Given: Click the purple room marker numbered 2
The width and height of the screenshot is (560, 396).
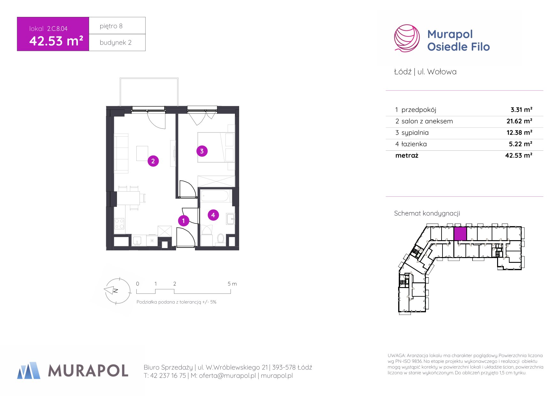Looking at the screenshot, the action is point(153,161).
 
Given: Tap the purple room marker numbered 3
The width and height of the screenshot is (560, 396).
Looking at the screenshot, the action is point(202,151).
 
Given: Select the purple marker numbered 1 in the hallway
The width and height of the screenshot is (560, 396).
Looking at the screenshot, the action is point(184,220).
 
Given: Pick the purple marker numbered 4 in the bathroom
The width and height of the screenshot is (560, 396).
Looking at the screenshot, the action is point(213,215).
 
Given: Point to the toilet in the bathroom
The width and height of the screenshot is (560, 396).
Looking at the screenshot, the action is point(221,239).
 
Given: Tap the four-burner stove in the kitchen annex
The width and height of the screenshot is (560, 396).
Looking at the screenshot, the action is point(119,223).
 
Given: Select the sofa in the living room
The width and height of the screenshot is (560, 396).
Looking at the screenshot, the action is point(121,153).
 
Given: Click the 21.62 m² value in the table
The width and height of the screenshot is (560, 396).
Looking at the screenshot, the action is point(519,121).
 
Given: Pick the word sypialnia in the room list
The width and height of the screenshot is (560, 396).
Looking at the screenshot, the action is point(415,133).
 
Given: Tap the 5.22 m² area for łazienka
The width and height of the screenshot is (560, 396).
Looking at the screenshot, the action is point(520,144).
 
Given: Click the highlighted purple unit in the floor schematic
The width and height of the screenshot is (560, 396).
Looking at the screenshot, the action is point(460,234).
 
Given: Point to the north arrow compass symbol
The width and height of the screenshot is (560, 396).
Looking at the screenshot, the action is point(117,291).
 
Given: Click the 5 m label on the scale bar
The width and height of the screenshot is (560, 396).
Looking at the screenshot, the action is point(232,284).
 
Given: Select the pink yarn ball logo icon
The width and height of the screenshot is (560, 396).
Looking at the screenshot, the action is point(407,38).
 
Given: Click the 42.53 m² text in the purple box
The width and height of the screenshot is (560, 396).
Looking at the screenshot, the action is point(56,41).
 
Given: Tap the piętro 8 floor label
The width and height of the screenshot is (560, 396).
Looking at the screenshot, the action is point(111,26).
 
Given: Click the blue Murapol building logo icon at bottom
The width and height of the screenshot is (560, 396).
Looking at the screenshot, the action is point(29,370).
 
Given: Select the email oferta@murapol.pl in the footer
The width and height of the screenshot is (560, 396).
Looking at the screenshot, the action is point(227,376).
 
